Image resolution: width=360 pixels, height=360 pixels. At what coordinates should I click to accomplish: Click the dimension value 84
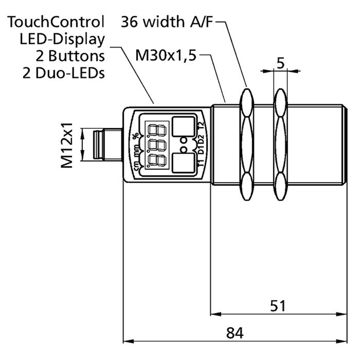coord(234,333)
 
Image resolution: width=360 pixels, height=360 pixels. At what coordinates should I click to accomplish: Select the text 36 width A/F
coord(171,21)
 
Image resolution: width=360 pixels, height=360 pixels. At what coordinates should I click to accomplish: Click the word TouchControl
coord(57,21)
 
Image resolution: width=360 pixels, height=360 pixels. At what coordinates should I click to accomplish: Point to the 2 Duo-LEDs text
coord(63,73)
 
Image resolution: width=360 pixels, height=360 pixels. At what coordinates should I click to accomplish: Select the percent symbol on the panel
coord(135,135)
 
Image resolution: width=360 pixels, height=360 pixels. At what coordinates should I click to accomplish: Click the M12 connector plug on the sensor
coord(106,144)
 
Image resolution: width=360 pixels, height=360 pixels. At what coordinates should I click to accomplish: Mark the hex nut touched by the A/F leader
coord(247,144)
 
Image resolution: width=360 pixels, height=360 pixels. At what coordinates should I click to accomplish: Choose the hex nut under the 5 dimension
coord(280,144)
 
